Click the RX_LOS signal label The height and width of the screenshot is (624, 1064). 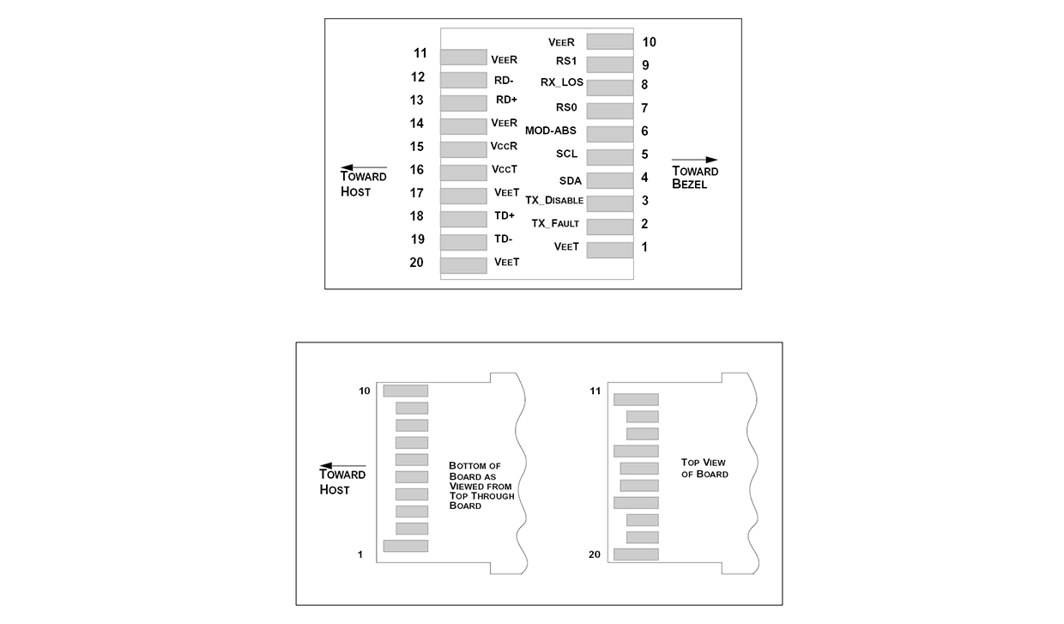point(561,82)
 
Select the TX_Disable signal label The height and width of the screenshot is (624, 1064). point(554,201)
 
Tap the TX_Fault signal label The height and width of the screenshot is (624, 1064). point(555,224)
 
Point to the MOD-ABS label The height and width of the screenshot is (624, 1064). point(551,131)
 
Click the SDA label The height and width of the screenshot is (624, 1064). point(571,181)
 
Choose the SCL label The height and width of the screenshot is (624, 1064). point(567,154)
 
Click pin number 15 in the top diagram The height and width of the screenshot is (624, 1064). point(417,147)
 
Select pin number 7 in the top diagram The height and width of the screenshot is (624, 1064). point(644,108)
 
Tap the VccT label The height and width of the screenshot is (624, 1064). point(504,170)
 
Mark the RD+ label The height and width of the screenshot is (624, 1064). point(506,100)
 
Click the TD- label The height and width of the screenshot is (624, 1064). point(503,239)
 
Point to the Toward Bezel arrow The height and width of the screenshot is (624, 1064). point(694,160)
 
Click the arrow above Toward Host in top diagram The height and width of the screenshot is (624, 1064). point(364,167)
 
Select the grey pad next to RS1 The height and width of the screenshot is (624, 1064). point(610,64)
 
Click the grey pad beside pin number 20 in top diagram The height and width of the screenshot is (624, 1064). point(463,265)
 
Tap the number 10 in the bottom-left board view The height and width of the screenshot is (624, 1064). point(365,391)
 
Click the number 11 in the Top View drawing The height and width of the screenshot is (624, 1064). point(595,391)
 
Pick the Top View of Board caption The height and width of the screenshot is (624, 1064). point(704,468)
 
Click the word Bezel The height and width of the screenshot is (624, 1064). point(690,185)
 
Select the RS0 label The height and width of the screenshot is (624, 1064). point(566,107)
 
